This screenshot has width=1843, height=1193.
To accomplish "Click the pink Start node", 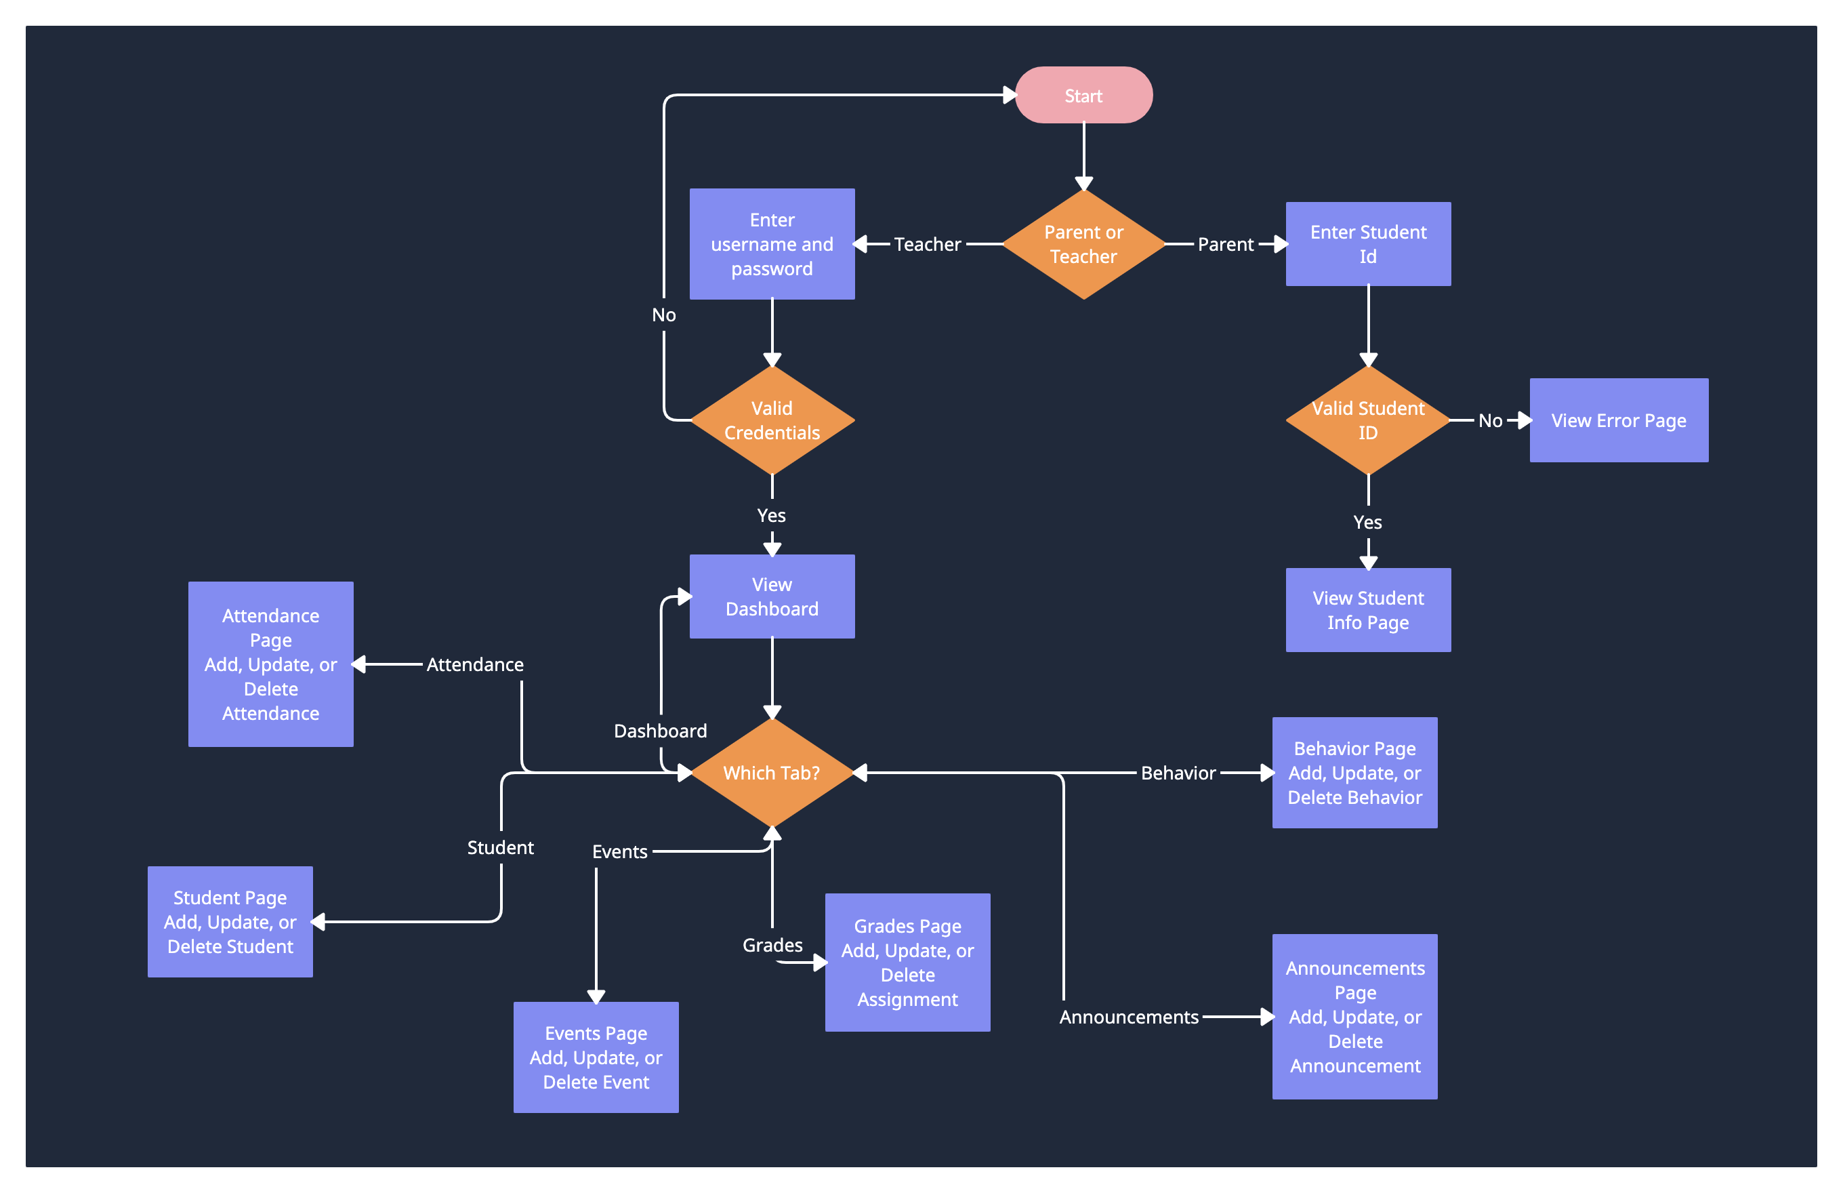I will pyautogui.click(x=1083, y=96).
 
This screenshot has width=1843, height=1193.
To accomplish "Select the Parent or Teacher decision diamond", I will pyautogui.click(x=1083, y=244).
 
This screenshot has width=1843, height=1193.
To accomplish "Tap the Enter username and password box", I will pyautogui.click(x=772, y=244).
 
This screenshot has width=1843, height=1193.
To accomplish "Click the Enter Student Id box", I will pyautogui.click(x=1367, y=244).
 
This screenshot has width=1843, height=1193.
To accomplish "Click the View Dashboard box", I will pyautogui.click(x=772, y=596).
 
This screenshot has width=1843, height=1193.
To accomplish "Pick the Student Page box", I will pyautogui.click(x=230, y=921).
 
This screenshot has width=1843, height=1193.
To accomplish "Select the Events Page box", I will pyautogui.click(x=596, y=1057).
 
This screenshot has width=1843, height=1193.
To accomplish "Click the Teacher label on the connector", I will pyautogui.click(x=927, y=244).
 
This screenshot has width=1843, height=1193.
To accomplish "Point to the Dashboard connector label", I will pyautogui.click(x=660, y=731).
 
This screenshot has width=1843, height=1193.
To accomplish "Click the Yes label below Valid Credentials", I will pyautogui.click(x=771, y=515).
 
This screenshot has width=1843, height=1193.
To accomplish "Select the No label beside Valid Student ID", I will pyautogui.click(x=1490, y=421).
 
